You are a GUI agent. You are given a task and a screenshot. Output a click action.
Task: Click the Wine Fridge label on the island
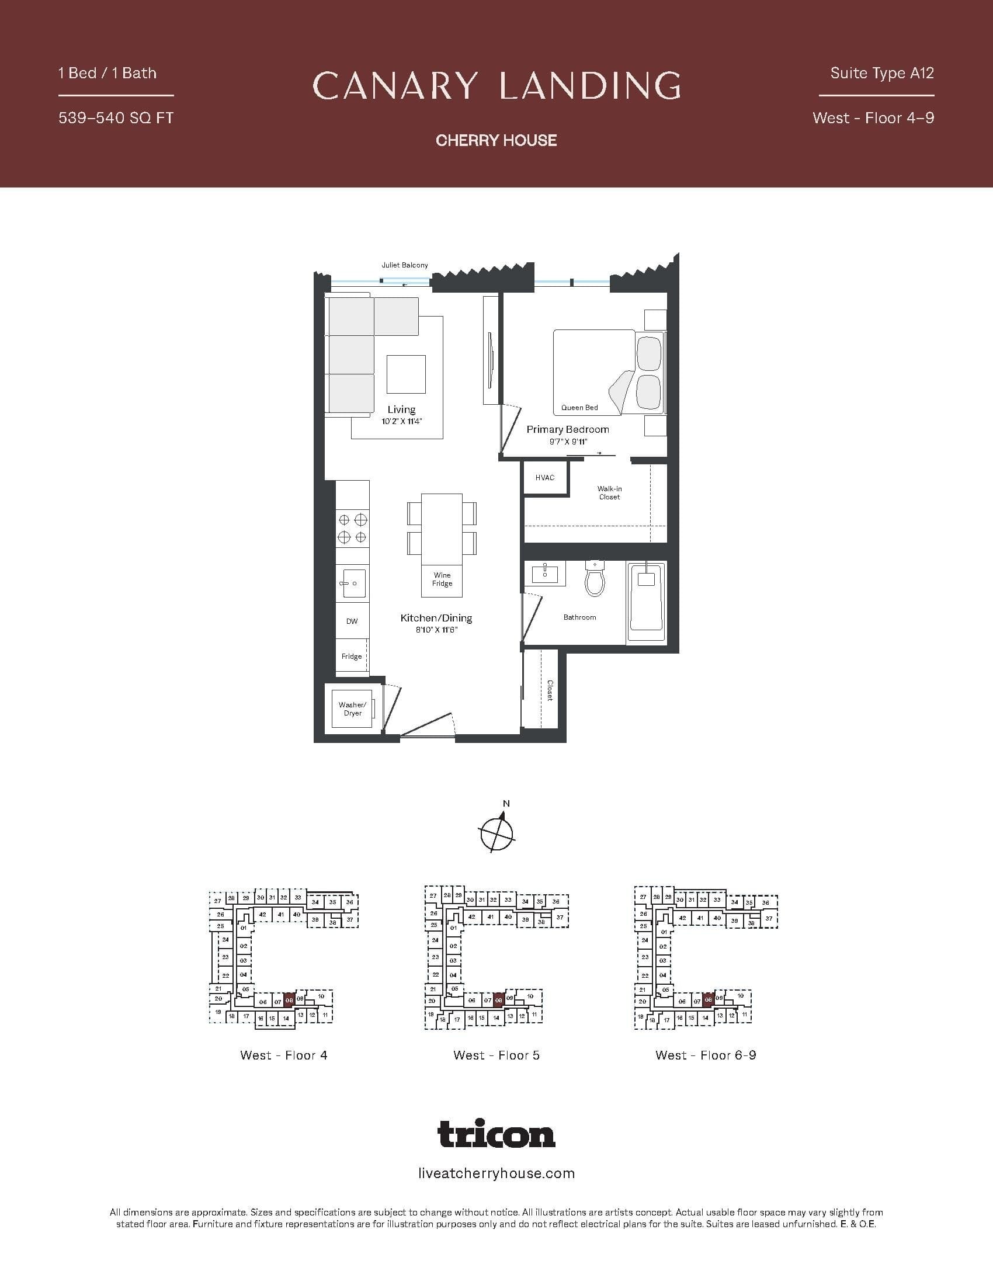(442, 579)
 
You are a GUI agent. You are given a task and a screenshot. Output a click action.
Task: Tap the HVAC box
(545, 478)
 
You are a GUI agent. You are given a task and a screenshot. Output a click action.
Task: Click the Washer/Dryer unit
(352, 709)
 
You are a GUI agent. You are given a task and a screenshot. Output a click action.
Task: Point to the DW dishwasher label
(352, 621)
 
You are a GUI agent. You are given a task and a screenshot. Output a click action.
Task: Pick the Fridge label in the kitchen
(352, 657)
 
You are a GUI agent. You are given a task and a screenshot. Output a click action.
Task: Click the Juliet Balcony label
(405, 265)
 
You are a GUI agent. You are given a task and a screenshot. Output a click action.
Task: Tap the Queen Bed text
(579, 408)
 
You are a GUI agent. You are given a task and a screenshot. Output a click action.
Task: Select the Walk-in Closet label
(609, 493)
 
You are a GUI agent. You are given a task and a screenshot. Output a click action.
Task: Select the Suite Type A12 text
(882, 74)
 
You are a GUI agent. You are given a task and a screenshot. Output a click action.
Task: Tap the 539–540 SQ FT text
(116, 118)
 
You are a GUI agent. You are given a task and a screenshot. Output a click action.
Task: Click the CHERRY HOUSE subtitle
(496, 140)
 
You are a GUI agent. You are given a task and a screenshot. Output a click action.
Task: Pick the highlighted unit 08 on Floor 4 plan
(289, 999)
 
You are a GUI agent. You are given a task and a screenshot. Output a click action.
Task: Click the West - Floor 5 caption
(496, 1055)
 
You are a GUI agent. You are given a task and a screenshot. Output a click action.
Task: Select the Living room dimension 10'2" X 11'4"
(402, 422)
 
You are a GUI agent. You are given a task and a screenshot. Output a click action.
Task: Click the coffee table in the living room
(406, 374)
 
